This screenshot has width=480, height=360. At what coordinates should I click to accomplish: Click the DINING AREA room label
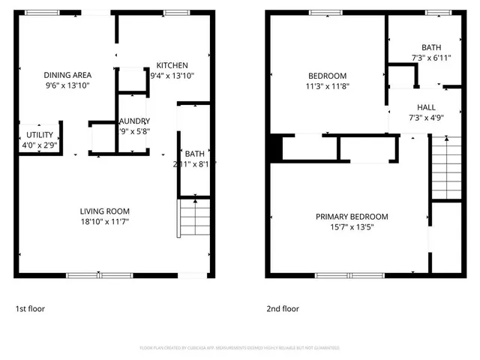67,75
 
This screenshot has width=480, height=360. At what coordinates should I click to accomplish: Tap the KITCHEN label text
172,65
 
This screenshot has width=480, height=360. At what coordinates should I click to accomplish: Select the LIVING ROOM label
105,211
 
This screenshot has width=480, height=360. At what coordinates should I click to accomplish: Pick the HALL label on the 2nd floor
427,107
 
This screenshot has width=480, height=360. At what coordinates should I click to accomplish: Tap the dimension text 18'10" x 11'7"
105,221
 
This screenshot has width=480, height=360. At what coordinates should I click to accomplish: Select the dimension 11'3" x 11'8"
328,86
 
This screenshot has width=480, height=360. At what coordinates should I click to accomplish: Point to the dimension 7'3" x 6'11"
430,57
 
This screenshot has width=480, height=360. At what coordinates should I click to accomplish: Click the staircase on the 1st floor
194,217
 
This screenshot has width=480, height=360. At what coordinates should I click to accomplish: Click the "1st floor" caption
31,308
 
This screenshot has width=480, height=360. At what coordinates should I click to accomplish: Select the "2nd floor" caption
283,308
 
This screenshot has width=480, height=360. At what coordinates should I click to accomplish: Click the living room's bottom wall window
100,275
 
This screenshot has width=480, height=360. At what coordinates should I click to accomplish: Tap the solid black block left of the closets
275,148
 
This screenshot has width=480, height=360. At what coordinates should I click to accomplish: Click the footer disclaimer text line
239,348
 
